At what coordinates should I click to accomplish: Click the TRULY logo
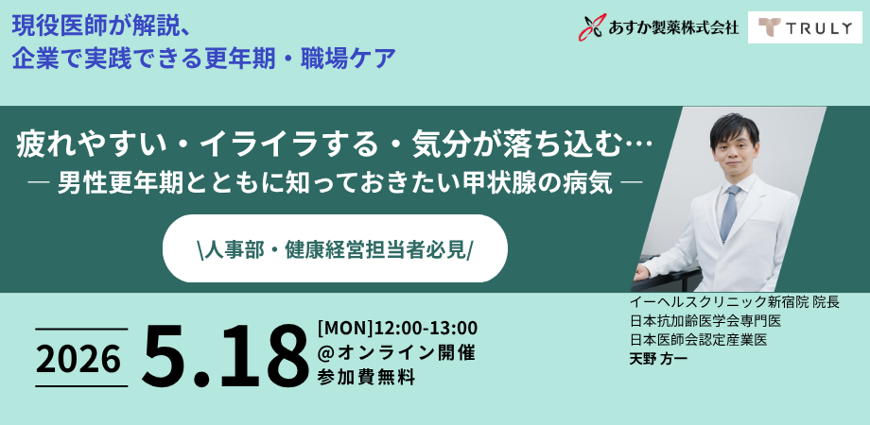tap(805, 27)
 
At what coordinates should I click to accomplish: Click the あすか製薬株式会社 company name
tap(671, 27)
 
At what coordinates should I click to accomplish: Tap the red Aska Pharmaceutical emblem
tap(591, 27)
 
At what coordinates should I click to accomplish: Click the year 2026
tap(79, 358)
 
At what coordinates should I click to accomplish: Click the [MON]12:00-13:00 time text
tap(397, 328)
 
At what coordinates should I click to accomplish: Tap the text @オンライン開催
tap(396, 353)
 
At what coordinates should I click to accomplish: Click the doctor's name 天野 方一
tap(659, 359)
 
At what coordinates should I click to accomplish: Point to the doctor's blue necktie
tap(729, 212)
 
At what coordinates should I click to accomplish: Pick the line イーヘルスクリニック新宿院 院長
tap(734, 302)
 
